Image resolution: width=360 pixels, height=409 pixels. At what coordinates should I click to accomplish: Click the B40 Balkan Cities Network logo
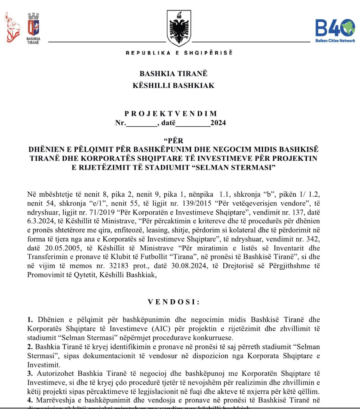[335, 31]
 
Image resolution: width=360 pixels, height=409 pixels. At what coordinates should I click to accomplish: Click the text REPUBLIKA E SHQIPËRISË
[179, 53]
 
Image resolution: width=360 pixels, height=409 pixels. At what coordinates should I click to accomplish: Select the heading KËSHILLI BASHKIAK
[173, 85]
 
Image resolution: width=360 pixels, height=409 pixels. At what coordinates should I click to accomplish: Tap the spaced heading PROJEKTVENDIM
[171, 114]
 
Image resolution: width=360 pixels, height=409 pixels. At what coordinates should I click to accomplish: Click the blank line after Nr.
[142, 123]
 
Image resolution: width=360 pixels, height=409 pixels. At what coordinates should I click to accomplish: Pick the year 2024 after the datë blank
[218, 123]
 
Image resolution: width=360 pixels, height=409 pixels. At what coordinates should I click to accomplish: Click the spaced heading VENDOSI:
[174, 302]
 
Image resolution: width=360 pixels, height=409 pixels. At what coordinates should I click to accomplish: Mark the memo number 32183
[119, 266]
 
